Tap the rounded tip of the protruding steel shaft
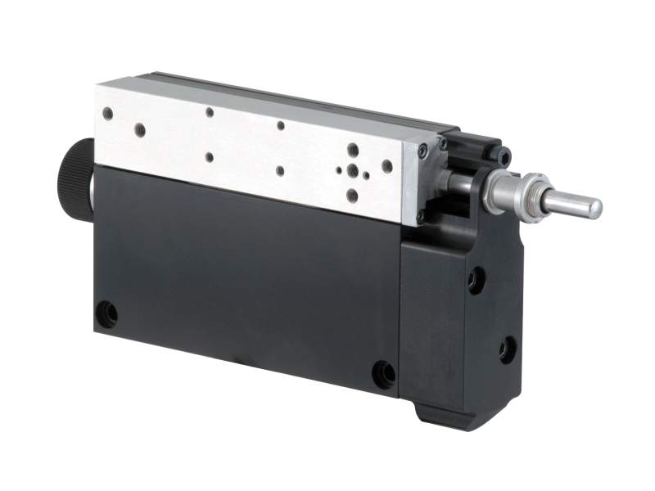[595, 208]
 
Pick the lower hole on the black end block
[507, 350]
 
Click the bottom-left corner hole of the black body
[106, 313]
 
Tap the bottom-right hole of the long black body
[383, 374]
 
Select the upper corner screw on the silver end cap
[422, 151]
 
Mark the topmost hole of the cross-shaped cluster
[352, 150]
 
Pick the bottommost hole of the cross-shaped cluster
[352, 196]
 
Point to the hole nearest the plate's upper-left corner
[139, 128]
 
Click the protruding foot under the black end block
[446, 414]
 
